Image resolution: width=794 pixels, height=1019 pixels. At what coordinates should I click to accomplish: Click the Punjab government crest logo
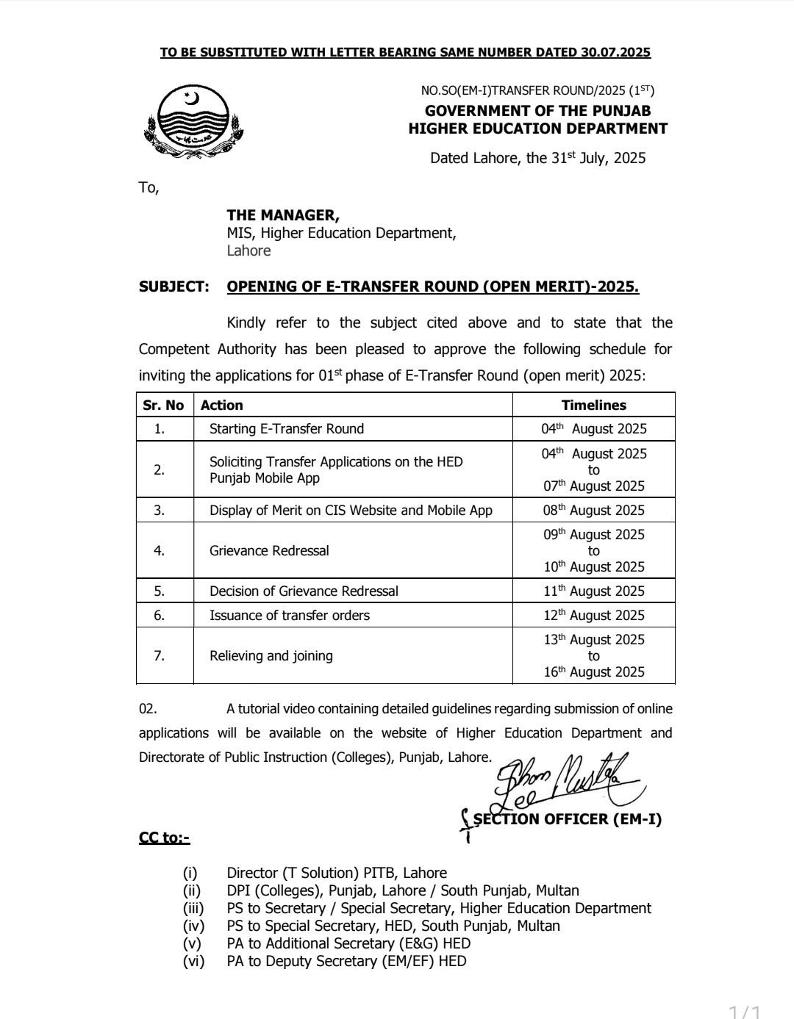[193, 122]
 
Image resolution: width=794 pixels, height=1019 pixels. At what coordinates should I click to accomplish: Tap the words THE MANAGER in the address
[283, 215]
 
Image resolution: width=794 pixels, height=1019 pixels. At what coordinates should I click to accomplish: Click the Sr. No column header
[164, 405]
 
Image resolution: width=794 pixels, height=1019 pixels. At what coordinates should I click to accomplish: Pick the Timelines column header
[593, 405]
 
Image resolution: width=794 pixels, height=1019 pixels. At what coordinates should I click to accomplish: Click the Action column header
[222, 405]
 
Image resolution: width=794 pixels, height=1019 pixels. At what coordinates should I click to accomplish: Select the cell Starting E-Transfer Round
[287, 428]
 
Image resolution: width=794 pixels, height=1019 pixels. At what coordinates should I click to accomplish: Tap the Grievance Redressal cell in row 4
[269, 550]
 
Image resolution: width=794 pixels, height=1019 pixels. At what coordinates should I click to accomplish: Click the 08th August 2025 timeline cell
[594, 510]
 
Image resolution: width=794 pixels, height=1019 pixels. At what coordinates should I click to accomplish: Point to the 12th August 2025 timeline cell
[594, 615]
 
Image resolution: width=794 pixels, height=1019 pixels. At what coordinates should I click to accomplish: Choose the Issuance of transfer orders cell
[290, 615]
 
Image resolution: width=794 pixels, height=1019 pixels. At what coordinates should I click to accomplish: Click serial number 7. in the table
[159, 655]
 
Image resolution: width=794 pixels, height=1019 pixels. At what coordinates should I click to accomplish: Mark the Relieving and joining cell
[271, 655]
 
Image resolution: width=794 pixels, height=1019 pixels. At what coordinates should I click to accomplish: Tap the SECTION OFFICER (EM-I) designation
[567, 819]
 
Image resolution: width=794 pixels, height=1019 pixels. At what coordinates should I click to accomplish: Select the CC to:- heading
[164, 838]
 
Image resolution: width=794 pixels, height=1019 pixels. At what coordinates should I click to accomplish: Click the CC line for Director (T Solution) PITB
[337, 873]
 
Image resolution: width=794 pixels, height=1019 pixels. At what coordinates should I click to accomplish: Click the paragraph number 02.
[148, 709]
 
